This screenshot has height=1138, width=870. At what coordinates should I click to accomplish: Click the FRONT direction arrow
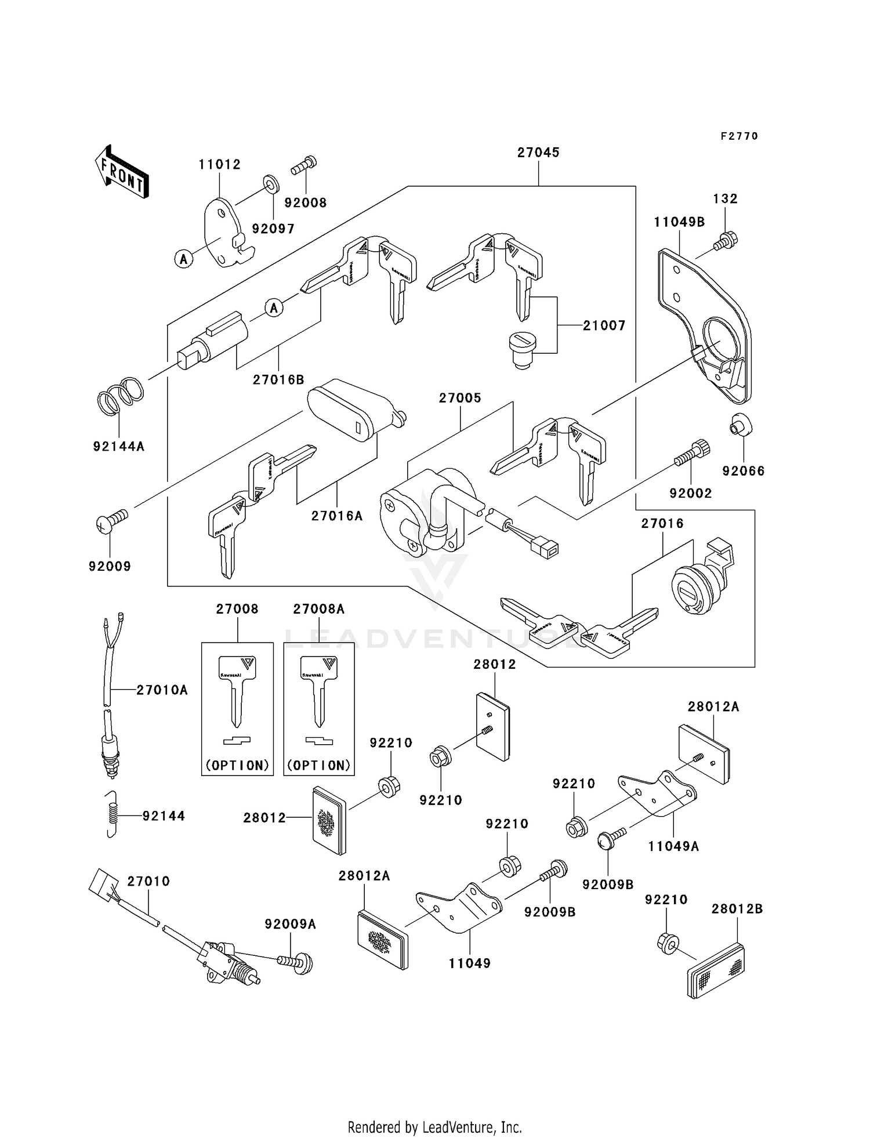tap(122, 172)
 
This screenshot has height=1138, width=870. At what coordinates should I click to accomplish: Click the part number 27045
tap(538, 153)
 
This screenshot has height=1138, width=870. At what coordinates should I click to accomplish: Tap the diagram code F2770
tap(739, 136)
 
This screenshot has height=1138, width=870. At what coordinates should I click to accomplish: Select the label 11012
tap(219, 165)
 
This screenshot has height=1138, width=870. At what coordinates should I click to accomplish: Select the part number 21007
tap(604, 326)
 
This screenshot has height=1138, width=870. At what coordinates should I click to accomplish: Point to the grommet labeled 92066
tap(739, 426)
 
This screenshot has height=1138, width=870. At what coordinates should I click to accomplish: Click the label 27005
tap(460, 398)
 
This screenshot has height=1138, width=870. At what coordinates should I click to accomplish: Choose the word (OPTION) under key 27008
tap(237, 765)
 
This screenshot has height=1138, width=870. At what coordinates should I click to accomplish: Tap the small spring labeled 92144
tap(114, 815)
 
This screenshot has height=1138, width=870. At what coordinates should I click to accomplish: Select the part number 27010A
tap(162, 690)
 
